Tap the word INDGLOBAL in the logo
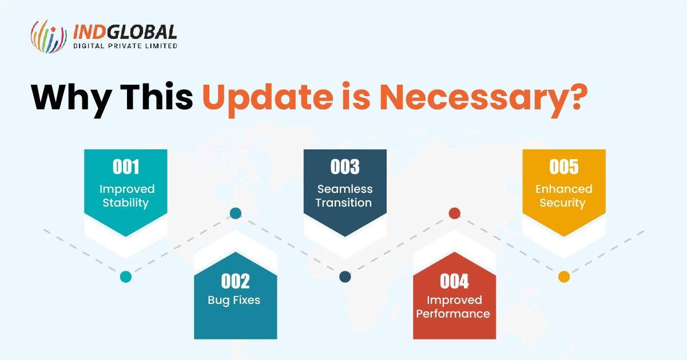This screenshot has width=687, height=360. [x=125, y=31]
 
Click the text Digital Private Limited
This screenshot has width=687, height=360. [x=125, y=46]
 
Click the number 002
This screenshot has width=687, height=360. [x=235, y=281]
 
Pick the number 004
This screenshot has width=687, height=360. [x=454, y=281]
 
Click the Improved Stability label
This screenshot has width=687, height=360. [x=126, y=196]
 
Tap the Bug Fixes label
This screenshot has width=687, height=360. [x=235, y=300]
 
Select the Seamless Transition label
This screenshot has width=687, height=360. [x=345, y=196]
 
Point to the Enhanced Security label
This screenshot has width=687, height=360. [x=563, y=196]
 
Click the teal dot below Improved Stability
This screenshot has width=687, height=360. [x=126, y=277]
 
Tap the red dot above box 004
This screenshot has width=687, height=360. [x=454, y=213]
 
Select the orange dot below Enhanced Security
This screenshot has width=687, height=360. [x=564, y=277]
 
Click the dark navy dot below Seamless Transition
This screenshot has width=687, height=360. [x=345, y=277]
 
